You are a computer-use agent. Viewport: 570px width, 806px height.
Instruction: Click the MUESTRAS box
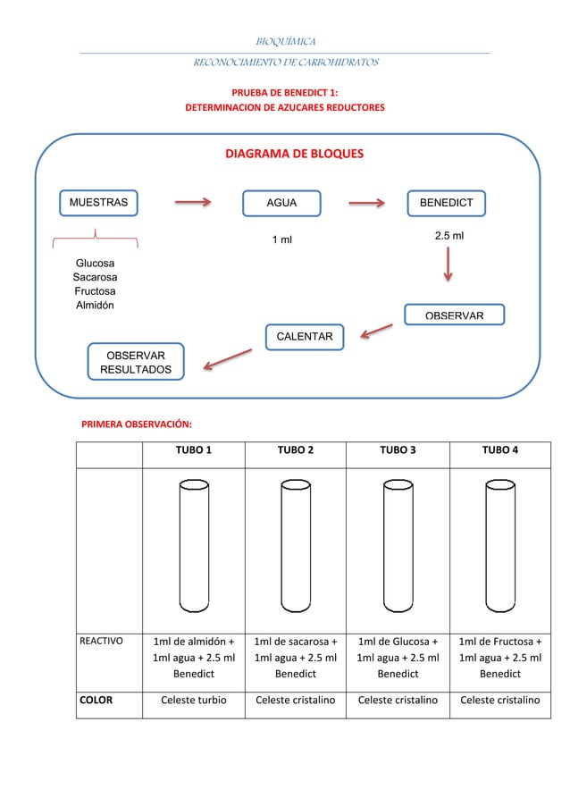(98, 203)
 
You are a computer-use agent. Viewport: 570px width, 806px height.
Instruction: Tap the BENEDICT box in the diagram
(447, 203)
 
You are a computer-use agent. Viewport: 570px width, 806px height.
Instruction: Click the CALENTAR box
(305, 336)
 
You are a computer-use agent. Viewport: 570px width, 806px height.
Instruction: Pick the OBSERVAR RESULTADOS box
(136, 362)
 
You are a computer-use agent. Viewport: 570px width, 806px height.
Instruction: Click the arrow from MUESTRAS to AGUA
(192, 202)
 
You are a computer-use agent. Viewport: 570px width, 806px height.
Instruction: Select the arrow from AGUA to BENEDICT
(365, 202)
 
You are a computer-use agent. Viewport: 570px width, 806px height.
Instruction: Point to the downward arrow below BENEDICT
(447, 265)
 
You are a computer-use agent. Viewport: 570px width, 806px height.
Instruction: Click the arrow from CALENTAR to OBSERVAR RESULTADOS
(227, 357)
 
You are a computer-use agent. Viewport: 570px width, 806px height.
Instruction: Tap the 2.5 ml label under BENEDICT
(448, 236)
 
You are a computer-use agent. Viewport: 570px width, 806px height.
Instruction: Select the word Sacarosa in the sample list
(95, 277)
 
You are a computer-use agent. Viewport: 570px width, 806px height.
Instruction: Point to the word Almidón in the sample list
(95, 306)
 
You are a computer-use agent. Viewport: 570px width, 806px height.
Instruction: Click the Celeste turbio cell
(194, 700)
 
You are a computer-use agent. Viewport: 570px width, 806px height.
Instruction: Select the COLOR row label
(95, 700)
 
